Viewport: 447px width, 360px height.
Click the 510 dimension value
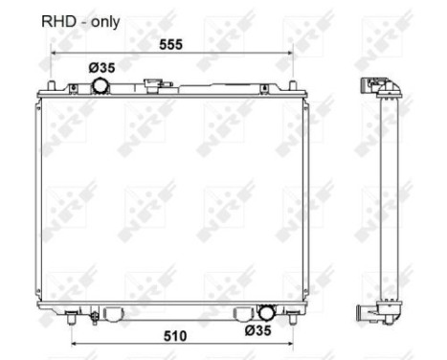(173, 336)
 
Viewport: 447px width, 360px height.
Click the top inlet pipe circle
(101, 86)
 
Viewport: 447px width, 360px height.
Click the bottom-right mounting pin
(289, 312)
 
